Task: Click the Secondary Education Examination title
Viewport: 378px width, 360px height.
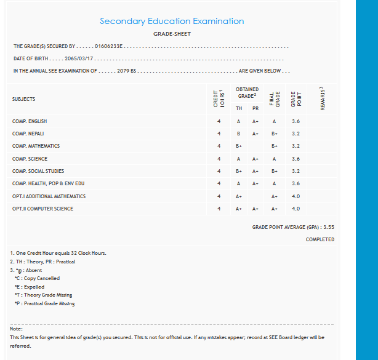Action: click(x=172, y=21)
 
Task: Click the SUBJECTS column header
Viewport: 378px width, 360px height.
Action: click(x=23, y=99)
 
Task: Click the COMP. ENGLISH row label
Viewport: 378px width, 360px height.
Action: click(x=30, y=121)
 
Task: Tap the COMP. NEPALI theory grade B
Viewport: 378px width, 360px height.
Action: click(x=238, y=134)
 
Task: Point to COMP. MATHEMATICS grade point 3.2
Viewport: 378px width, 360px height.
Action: click(x=296, y=146)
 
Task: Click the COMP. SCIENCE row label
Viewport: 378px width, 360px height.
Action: click(x=30, y=159)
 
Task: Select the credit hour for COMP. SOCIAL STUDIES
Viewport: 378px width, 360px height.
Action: click(x=219, y=171)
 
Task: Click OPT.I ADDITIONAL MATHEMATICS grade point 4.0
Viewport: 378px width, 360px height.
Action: click(x=296, y=196)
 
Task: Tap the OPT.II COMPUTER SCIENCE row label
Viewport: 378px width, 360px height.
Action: click(x=42, y=209)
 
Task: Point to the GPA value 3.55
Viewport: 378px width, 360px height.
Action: click(x=328, y=227)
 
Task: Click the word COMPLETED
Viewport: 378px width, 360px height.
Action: click(x=320, y=239)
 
